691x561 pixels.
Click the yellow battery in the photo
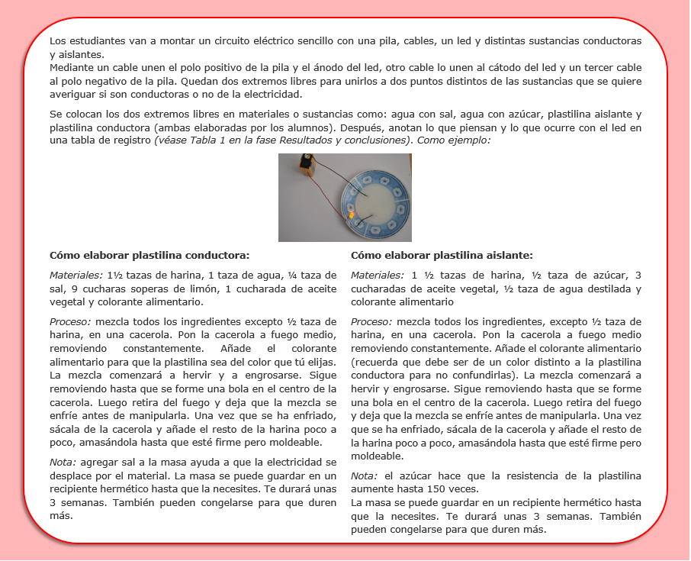point(307,165)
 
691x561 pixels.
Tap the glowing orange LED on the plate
point(351,216)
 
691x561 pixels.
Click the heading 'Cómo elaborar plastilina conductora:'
point(149,255)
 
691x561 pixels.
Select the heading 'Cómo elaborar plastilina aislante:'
point(442,255)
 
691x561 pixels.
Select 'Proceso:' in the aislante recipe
point(371,321)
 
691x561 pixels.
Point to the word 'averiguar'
point(72,95)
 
